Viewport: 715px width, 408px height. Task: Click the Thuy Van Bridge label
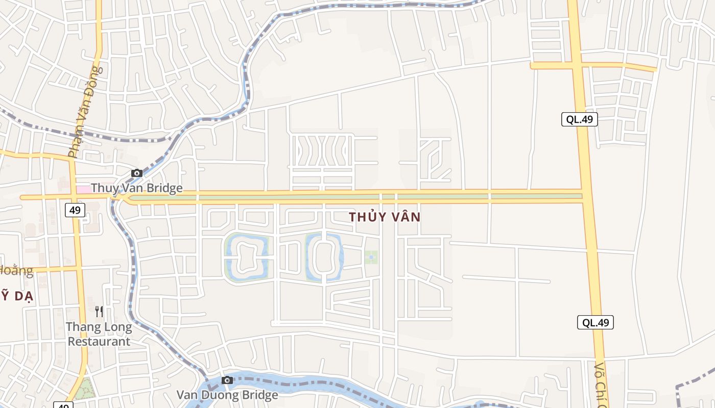(136, 188)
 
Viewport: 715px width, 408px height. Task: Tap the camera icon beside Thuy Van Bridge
(136, 173)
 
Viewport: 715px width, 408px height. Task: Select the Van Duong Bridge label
(227, 395)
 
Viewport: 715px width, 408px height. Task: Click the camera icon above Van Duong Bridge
(227, 380)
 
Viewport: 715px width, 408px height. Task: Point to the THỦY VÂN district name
(385, 217)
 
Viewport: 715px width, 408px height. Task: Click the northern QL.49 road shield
(579, 119)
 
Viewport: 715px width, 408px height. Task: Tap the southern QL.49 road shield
(595, 322)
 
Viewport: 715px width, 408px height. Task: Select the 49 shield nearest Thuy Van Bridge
(75, 210)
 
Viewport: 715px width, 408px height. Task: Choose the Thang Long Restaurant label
(99, 334)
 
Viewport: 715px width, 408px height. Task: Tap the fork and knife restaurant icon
(99, 311)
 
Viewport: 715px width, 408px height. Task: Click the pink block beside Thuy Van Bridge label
(83, 189)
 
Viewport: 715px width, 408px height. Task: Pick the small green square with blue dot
(371, 257)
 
